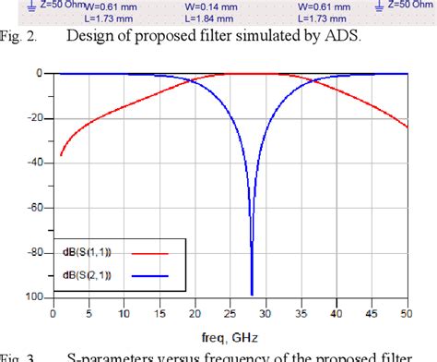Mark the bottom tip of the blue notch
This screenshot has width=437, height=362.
coord(252,295)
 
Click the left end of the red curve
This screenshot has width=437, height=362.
coord(60,154)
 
